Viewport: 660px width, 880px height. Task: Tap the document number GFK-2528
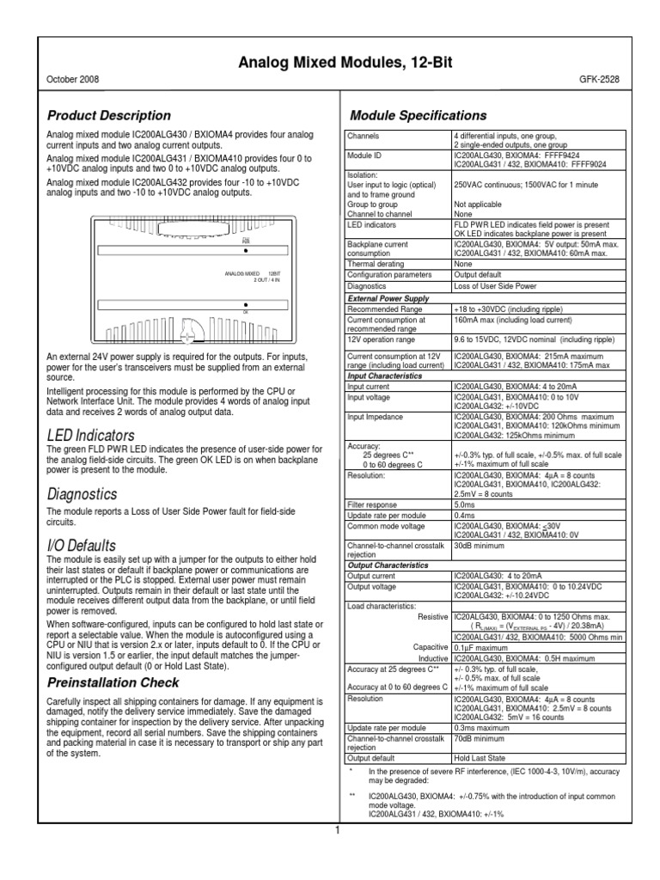pos(598,79)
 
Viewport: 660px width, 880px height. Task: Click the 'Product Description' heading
pos(108,115)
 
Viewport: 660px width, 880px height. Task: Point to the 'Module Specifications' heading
pos(419,115)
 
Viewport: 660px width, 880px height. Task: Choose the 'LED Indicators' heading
pos(90,435)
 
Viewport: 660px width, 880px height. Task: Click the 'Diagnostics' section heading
pos(82,495)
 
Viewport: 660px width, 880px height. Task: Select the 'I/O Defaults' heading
pos(80,546)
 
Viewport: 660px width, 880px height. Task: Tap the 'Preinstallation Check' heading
pos(113,682)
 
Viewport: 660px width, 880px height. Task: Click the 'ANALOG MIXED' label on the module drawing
pos(242,273)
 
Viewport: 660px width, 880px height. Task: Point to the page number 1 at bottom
pos(338,830)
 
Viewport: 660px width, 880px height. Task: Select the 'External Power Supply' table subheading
pos(389,297)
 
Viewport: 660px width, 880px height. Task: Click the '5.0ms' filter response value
pos(464,506)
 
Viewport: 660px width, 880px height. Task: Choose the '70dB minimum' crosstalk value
pos(480,737)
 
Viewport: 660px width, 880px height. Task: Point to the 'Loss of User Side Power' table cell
pos(496,286)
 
